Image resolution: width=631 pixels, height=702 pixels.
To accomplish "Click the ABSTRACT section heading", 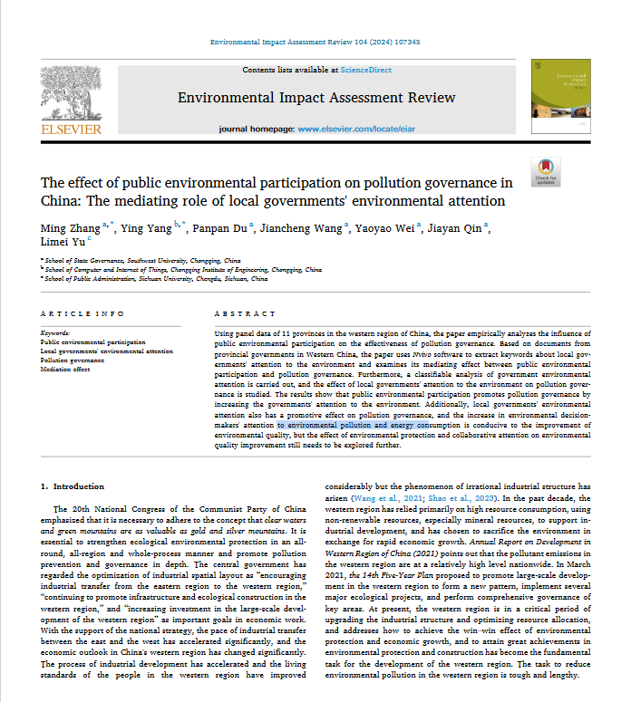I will click(x=238, y=313).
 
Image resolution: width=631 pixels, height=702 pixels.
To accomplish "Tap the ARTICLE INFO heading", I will click(x=83, y=313).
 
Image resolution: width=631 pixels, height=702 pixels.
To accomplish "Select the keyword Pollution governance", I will click(x=73, y=360).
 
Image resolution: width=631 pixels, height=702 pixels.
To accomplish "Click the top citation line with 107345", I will click(x=315, y=43).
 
